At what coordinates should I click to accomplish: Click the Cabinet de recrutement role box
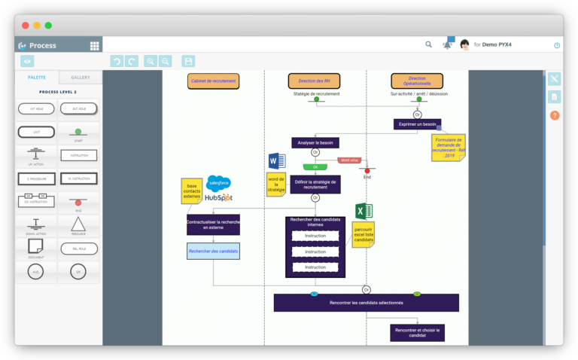[x=213, y=81]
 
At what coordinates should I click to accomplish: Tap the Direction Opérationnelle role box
[x=416, y=81]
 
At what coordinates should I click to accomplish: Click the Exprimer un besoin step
[x=417, y=124]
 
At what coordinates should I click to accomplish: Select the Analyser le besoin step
[x=315, y=142]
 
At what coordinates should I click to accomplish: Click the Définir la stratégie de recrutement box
[x=316, y=185]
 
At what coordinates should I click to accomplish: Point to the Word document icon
[x=275, y=160]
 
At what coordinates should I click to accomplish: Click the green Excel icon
[x=364, y=211]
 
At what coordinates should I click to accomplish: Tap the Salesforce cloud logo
[x=219, y=182]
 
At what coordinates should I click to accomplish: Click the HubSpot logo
[x=218, y=197]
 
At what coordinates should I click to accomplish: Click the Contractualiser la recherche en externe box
[x=213, y=224]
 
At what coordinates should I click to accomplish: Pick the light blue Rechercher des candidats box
[x=213, y=251]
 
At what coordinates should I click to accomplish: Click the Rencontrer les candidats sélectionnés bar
[x=366, y=303]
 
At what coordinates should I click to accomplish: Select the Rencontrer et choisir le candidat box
[x=416, y=332]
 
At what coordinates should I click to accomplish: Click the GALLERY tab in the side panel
[x=81, y=78]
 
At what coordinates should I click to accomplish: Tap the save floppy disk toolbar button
[x=188, y=61]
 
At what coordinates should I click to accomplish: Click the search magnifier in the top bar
[x=428, y=44]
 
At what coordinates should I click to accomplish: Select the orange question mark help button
[x=555, y=115]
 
